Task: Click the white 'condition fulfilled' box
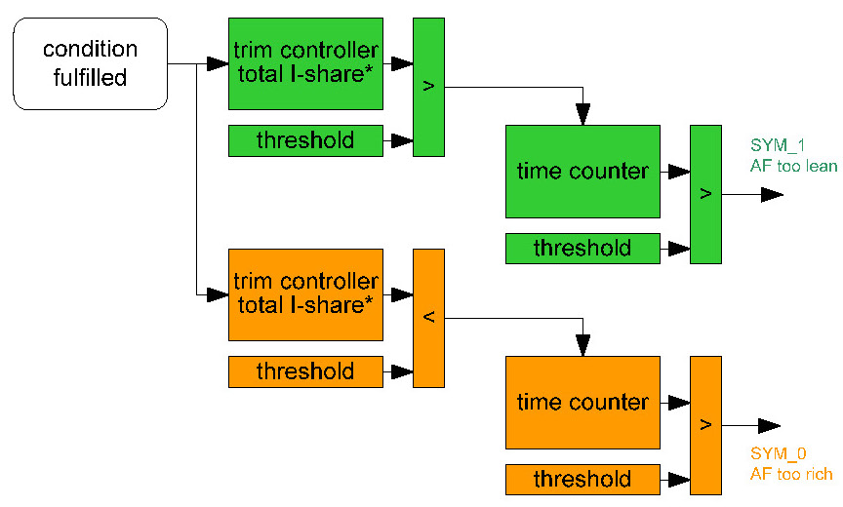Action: (x=90, y=63)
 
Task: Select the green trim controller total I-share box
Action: (x=305, y=63)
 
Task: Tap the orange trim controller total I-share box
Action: (x=305, y=294)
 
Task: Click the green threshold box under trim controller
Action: (x=305, y=140)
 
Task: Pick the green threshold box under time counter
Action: (x=582, y=249)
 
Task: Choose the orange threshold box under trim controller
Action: (x=305, y=371)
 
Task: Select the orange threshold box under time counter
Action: (x=582, y=479)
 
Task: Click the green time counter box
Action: (x=582, y=172)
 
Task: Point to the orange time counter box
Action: (x=582, y=402)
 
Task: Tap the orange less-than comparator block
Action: (x=428, y=318)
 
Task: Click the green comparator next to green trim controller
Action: (x=428, y=86)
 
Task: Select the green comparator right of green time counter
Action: (x=705, y=194)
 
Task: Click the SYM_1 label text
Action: (x=777, y=145)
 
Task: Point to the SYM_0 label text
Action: (x=777, y=453)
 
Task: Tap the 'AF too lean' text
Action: (x=793, y=166)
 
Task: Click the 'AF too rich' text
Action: (x=791, y=475)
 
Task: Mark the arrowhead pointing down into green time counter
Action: (x=582, y=116)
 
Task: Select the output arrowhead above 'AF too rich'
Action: (x=770, y=425)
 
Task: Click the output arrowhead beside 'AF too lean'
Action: (x=772, y=195)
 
